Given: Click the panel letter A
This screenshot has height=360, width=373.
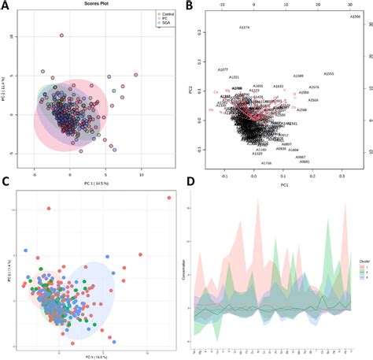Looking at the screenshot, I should [6, 6].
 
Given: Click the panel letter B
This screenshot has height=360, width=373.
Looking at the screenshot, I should [189, 6].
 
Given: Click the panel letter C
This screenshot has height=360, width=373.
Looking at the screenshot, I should [6, 182].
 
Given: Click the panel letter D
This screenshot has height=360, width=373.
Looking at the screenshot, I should [189, 182].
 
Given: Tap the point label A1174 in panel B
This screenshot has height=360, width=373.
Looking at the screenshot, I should [244, 28].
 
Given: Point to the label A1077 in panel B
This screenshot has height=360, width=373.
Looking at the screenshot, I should [223, 69].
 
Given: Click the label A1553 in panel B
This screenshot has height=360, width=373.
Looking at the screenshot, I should [328, 73].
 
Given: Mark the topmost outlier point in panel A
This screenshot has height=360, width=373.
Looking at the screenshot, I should [61, 35].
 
